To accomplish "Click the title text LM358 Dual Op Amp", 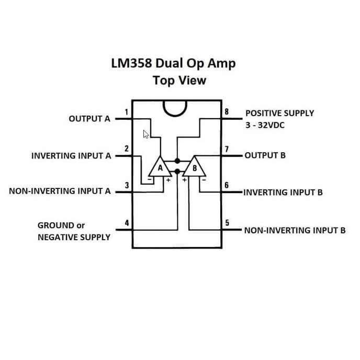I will coord(173,64).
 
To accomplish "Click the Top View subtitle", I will coord(179,81).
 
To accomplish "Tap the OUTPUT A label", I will coord(89,119).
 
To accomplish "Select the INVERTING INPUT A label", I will coord(72,156).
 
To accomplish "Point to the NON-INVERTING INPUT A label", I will coord(60,191).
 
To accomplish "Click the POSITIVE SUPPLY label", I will coord(279,113).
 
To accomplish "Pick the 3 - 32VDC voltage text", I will coord(265,126).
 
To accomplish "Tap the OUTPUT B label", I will coord(265,155).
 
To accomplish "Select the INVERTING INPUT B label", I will coord(283,192).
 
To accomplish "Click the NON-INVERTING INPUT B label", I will coord(295,230).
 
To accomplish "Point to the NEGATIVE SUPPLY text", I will coord(74,237).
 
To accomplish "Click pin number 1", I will coord(127,111).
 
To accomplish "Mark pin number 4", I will coord(127,223).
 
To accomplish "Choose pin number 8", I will coord(227,111).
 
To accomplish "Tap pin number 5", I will coord(227,223).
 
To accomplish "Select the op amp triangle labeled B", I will coord(195,168).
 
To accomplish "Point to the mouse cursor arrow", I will coord(147,134).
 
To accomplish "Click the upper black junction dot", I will coord(177,161).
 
